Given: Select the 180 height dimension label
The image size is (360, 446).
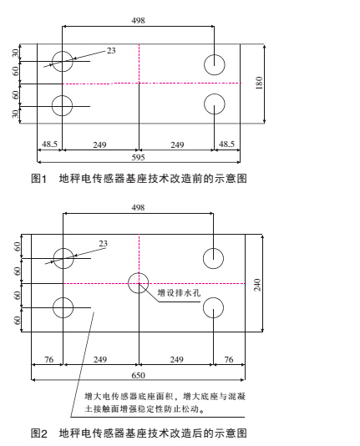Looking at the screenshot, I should [260, 84].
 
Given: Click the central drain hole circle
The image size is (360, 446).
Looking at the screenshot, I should [139, 283].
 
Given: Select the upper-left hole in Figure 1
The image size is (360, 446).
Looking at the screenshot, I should [63, 62].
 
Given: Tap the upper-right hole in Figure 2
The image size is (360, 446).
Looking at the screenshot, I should [215, 258].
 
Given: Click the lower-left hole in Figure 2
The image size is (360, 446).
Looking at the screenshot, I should [63, 308].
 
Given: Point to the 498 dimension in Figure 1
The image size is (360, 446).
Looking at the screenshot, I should [139, 19].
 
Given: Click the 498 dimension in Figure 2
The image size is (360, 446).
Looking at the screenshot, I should [139, 207].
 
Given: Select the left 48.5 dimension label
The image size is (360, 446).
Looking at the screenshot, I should [49, 145].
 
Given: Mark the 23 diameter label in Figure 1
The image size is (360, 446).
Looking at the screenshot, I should [111, 52].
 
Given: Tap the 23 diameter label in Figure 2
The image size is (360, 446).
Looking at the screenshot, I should [104, 244].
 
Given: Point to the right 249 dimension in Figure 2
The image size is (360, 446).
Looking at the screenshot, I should [177, 359].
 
